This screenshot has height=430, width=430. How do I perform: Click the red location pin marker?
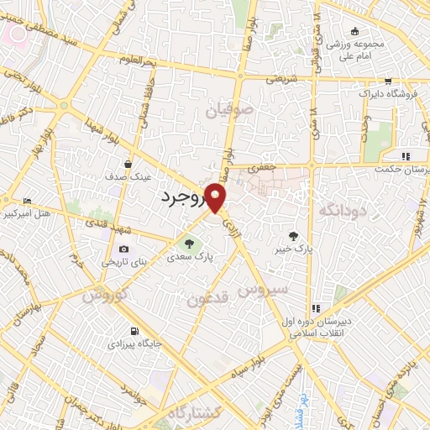217,199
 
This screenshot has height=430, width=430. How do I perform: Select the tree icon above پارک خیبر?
292,237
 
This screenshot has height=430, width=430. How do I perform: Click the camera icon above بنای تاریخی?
124,249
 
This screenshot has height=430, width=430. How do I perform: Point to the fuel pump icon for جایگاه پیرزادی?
134,330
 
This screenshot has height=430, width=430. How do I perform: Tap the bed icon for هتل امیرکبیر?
28,202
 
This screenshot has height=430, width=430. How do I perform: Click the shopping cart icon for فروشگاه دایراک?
387,82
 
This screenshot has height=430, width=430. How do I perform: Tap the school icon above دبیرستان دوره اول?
317,307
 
